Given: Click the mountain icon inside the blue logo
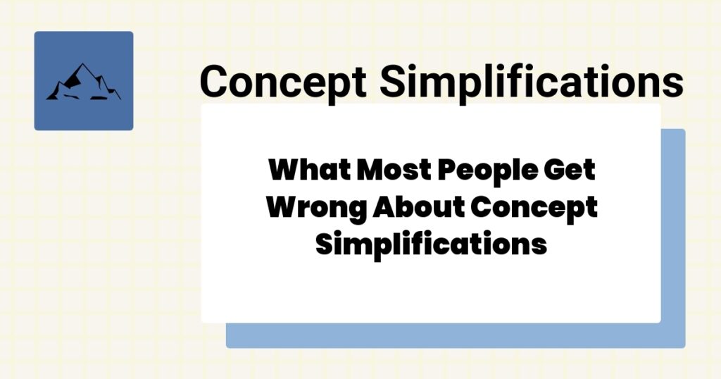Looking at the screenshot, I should click(83, 82).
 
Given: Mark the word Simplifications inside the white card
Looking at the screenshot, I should click(431, 244).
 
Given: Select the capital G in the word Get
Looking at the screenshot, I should click(555, 171).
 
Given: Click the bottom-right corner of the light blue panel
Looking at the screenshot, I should click(684, 346).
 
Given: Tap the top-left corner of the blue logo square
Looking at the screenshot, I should click(36, 33).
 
